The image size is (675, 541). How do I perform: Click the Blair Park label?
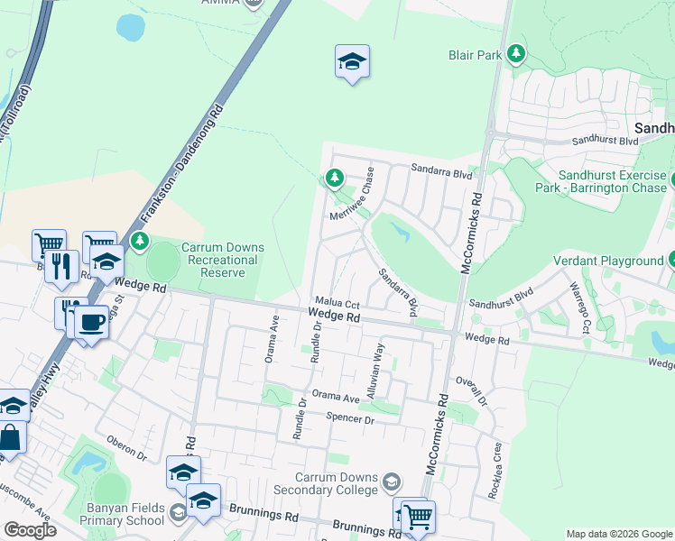click(475, 55)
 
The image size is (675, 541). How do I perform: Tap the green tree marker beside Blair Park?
click(515, 54)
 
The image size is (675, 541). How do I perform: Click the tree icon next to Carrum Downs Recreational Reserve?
click(139, 241)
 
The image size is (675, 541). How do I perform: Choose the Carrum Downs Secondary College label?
click(337, 483)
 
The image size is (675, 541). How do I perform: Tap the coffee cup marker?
click(90, 322)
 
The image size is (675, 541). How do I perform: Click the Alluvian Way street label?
click(375, 371)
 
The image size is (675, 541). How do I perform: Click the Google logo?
click(30, 529)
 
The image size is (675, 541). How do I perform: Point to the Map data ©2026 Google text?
click(618, 534)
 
